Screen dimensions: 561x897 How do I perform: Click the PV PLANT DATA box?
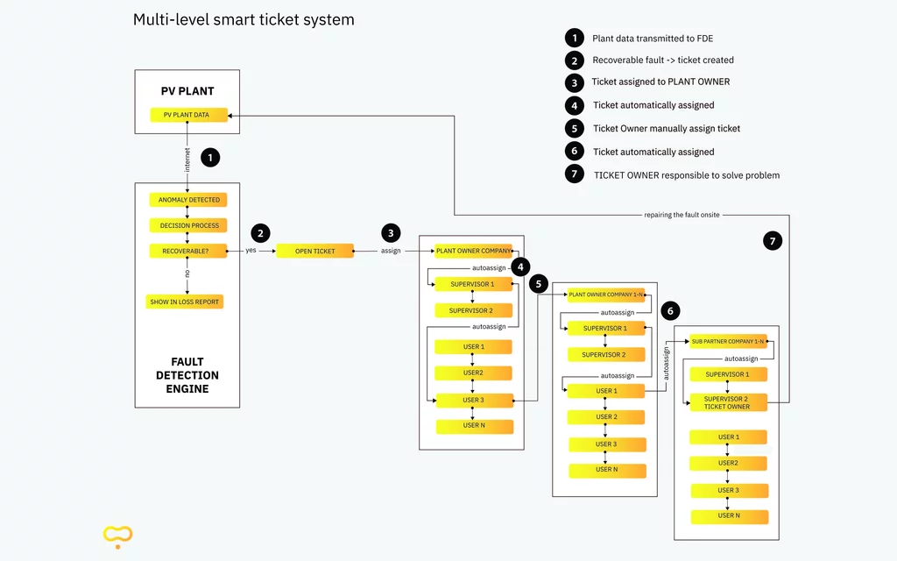pyautogui.click(x=188, y=115)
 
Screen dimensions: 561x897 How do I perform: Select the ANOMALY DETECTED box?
pyautogui.click(x=188, y=200)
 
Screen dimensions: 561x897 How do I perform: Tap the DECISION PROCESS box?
pyautogui.click(x=188, y=225)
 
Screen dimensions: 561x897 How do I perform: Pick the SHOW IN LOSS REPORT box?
pyautogui.click(x=185, y=302)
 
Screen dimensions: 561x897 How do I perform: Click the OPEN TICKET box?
pyautogui.click(x=315, y=251)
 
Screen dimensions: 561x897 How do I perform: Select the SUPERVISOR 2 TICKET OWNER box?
pyautogui.click(x=727, y=402)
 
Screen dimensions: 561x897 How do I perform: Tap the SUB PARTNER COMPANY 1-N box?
pyautogui.click(x=728, y=341)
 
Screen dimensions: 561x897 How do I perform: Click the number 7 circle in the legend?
pyautogui.click(x=574, y=174)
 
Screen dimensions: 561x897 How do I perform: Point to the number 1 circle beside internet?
pyautogui.click(x=210, y=158)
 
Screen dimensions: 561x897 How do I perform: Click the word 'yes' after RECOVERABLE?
pyautogui.click(x=251, y=251)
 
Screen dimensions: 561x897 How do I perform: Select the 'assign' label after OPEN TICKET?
pyautogui.click(x=391, y=251)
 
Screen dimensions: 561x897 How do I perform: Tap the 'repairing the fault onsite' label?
pyautogui.click(x=682, y=215)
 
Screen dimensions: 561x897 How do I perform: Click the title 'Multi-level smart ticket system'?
pyautogui.click(x=244, y=19)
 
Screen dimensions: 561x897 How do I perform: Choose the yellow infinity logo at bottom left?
pyautogui.click(x=117, y=533)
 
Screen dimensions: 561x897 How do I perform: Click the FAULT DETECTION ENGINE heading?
pyautogui.click(x=187, y=374)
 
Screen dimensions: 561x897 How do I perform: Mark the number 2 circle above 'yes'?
pyautogui.click(x=260, y=233)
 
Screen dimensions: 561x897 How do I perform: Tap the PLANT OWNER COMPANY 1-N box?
pyautogui.click(x=606, y=295)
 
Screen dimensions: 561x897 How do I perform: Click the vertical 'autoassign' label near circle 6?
pyautogui.click(x=666, y=363)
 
